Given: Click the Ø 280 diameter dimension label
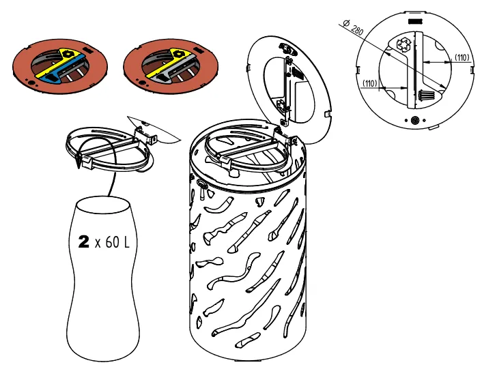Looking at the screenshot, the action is click(353, 27).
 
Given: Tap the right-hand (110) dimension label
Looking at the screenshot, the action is click(462, 57).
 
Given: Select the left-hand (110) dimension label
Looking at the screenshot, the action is click(370, 83).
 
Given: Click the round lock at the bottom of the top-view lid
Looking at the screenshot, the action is click(415, 120).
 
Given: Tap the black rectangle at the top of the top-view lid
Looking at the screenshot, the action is click(415, 22).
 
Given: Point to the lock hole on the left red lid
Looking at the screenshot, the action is click(31, 83).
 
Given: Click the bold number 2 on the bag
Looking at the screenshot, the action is click(83, 241).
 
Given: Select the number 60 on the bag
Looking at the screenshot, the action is click(112, 242).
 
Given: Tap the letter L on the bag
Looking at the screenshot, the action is click(126, 242).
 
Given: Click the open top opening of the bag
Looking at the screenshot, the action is click(102, 205).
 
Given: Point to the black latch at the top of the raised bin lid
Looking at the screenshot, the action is click(287, 49).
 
